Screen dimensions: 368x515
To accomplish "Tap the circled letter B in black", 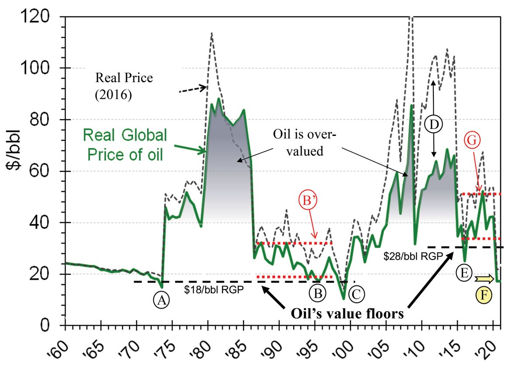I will (x=317, y=293).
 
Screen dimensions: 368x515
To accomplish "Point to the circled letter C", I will (x=356, y=293).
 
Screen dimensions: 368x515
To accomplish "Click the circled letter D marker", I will (x=433, y=125).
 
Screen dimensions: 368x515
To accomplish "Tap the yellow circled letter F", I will (x=484, y=295).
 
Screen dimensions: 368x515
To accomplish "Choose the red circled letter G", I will (x=473, y=140).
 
